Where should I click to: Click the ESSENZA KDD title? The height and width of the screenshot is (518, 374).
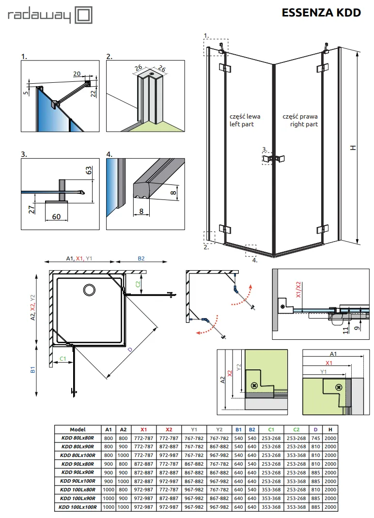(321, 13)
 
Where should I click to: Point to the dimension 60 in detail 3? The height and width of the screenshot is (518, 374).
(56, 216)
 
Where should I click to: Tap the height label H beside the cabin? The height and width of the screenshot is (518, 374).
(354, 147)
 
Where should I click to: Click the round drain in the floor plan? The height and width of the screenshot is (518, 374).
(89, 290)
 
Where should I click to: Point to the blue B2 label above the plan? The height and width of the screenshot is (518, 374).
(141, 259)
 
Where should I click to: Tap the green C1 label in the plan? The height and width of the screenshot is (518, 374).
(62, 358)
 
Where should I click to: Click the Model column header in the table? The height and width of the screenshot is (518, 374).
(78, 429)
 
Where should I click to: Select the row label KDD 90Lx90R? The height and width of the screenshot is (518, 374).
(78, 472)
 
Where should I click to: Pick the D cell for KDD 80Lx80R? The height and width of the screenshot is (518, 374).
(315, 438)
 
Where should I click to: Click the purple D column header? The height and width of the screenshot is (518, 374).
(315, 429)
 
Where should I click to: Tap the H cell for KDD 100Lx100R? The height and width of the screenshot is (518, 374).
(330, 507)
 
